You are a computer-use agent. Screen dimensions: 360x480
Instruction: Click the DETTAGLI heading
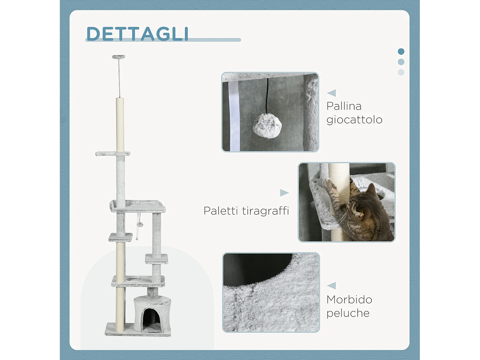point(138,34)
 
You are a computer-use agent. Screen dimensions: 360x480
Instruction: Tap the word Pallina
point(344,106)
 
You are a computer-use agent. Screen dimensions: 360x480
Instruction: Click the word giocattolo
point(354,120)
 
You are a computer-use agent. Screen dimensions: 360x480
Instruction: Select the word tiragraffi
point(265,211)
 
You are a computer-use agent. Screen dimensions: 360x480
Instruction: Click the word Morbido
point(349,300)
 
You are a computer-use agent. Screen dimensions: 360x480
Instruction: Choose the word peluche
point(348,313)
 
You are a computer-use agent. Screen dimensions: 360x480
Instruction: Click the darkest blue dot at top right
point(401,52)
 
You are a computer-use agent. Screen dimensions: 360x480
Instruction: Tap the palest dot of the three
point(401,72)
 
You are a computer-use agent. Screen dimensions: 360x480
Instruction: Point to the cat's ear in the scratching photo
point(371,189)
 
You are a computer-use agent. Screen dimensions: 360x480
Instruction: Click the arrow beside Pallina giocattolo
point(332,93)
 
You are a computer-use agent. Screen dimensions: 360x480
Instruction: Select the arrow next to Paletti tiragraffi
point(284,193)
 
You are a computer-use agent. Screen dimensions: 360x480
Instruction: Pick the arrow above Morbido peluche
point(332,285)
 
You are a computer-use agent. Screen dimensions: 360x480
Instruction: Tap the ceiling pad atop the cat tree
point(118,57)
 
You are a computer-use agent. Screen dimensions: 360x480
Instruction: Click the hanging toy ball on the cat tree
point(140,224)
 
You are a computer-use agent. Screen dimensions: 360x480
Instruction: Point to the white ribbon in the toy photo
point(234,115)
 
